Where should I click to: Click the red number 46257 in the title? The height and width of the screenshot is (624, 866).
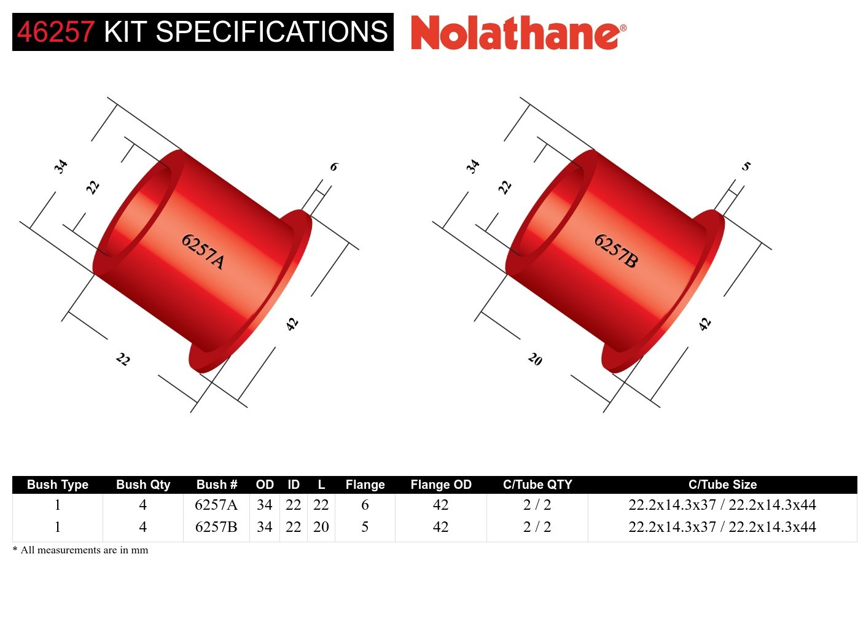click(x=56, y=32)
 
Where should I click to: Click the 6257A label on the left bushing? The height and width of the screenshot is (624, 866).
click(x=203, y=251)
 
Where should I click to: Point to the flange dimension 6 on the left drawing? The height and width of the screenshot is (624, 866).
click(x=334, y=166)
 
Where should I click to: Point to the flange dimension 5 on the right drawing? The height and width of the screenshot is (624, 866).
click(x=746, y=166)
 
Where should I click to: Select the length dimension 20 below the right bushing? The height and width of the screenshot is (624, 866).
click(x=536, y=359)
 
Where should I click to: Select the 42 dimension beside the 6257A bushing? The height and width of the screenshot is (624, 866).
click(x=292, y=324)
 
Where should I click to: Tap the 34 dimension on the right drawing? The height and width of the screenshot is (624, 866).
click(x=472, y=166)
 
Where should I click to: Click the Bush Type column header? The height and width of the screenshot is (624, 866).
click(x=58, y=485)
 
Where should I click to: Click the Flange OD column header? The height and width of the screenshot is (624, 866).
click(x=441, y=485)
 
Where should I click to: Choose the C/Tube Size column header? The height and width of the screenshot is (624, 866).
click(x=722, y=485)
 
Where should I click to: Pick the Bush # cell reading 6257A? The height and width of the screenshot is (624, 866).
click(x=216, y=505)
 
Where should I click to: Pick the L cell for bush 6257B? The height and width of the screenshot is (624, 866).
click(x=321, y=527)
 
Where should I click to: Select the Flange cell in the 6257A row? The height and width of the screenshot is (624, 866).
click(x=365, y=505)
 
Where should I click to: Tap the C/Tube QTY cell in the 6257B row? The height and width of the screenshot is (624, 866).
click(x=537, y=527)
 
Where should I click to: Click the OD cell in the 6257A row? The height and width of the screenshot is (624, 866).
click(x=264, y=505)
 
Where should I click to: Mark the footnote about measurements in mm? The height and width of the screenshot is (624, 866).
click(x=80, y=550)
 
